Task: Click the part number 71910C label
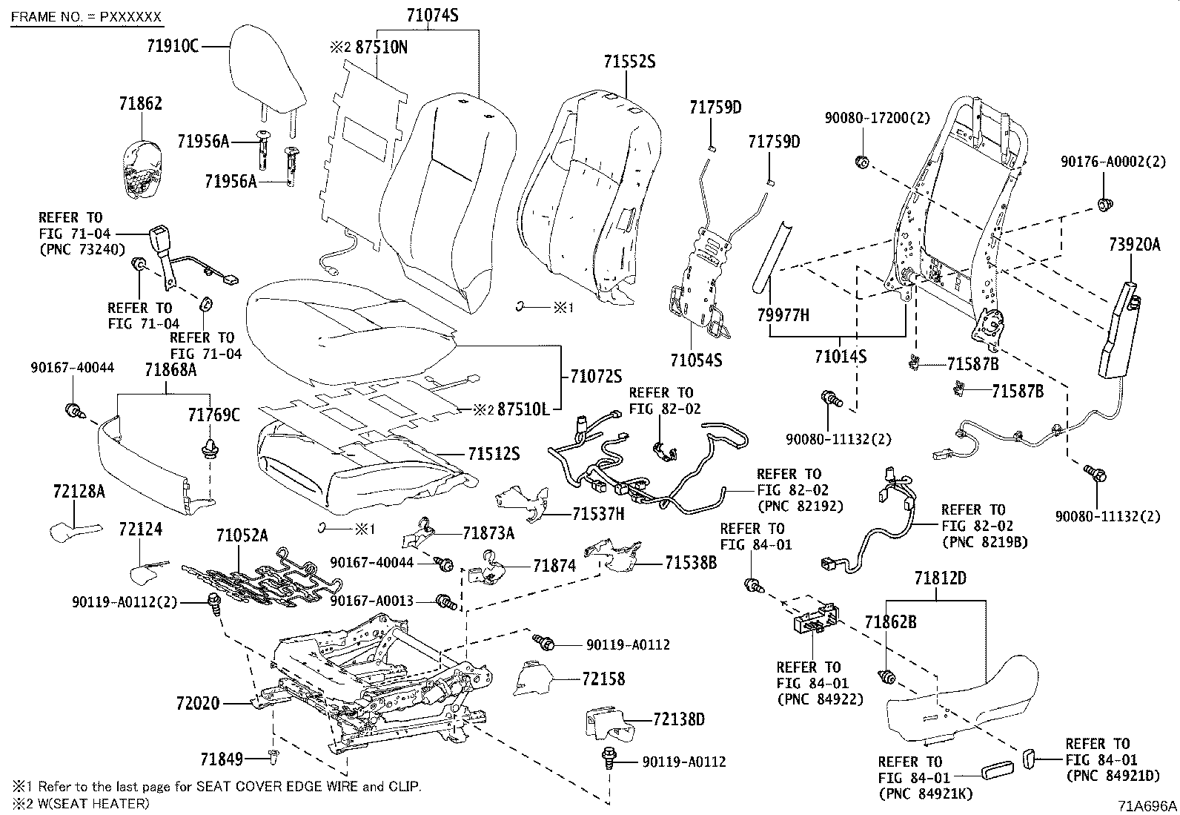(172, 46)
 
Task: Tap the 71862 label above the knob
(140, 104)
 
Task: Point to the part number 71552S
(628, 62)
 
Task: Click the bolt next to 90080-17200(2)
(861, 161)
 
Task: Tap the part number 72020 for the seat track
(199, 702)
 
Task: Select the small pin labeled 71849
(273, 756)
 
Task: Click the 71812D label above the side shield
(940, 578)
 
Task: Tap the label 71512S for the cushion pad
(493, 452)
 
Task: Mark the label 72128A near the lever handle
(79, 491)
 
